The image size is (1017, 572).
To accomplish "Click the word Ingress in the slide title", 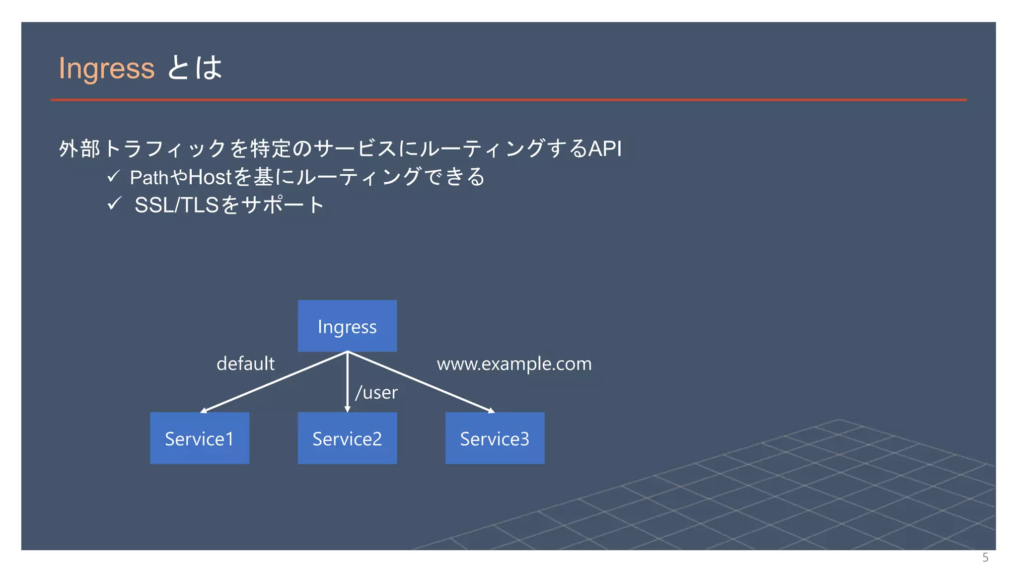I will pyautogui.click(x=106, y=68).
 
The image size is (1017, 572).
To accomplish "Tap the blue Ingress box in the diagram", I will pyautogui.click(x=347, y=326).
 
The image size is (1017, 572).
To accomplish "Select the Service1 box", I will pyautogui.click(x=199, y=438).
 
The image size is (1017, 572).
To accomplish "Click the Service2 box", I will pyautogui.click(x=347, y=438).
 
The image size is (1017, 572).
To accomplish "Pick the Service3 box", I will pyautogui.click(x=495, y=438).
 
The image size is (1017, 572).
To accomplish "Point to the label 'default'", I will pyautogui.click(x=245, y=363).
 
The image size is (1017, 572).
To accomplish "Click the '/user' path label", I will pyautogui.click(x=376, y=392).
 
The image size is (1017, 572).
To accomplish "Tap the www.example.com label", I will pyautogui.click(x=514, y=363).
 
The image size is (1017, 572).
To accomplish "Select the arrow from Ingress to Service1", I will pyautogui.click(x=273, y=382).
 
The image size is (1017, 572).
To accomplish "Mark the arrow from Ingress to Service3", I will pyautogui.click(x=422, y=382).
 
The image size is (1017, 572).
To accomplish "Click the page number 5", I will pyautogui.click(x=985, y=557).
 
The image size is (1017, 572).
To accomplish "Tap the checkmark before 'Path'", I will pyautogui.click(x=113, y=176).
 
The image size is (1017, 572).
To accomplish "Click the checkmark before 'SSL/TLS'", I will pyautogui.click(x=114, y=203).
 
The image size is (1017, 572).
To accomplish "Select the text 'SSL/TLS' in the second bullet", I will pyautogui.click(x=177, y=205).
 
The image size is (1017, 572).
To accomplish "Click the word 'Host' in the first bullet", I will pyautogui.click(x=210, y=177).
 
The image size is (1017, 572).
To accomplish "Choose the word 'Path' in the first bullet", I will pyautogui.click(x=149, y=177).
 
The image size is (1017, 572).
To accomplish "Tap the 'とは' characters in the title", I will pyautogui.click(x=195, y=68).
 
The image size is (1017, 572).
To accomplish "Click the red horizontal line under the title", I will pyautogui.click(x=508, y=100).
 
